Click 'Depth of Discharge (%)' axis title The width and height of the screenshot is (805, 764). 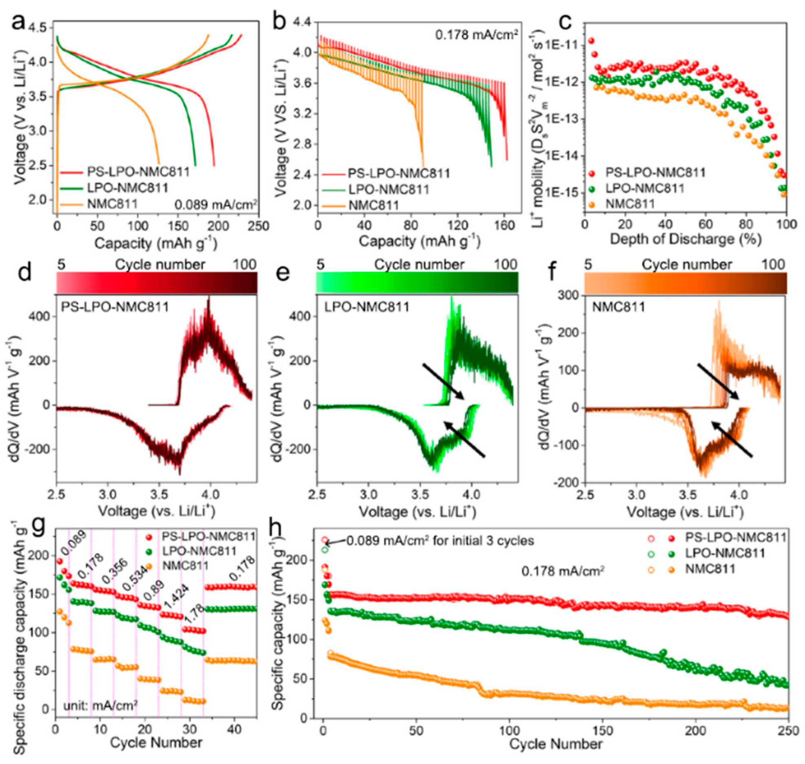point(686,239)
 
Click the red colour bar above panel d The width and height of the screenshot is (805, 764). point(157,283)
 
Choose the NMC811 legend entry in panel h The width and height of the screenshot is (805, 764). point(710,569)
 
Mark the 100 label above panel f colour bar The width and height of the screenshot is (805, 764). point(773,265)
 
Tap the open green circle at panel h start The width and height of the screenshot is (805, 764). point(325,550)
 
